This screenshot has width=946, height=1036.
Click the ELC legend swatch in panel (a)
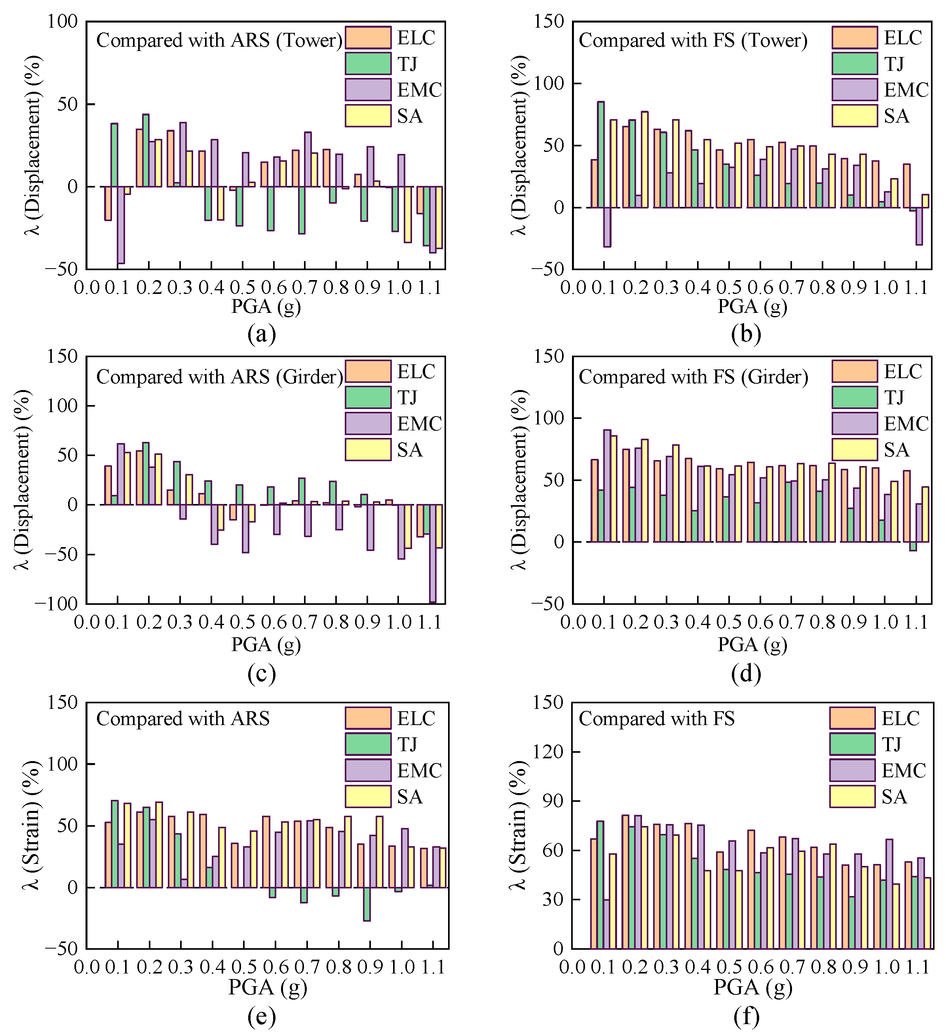tap(368, 38)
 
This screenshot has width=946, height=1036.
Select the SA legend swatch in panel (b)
tap(855, 116)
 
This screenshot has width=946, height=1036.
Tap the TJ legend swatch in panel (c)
tap(368, 397)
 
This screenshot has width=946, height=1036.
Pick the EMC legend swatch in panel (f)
tap(852, 770)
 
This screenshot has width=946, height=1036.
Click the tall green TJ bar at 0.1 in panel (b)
tap(600, 154)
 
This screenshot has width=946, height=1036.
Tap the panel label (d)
tap(745, 673)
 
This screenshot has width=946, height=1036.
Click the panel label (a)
tap(261, 334)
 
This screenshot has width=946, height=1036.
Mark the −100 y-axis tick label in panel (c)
tap(55, 603)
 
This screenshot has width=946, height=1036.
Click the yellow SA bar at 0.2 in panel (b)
tap(644, 159)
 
